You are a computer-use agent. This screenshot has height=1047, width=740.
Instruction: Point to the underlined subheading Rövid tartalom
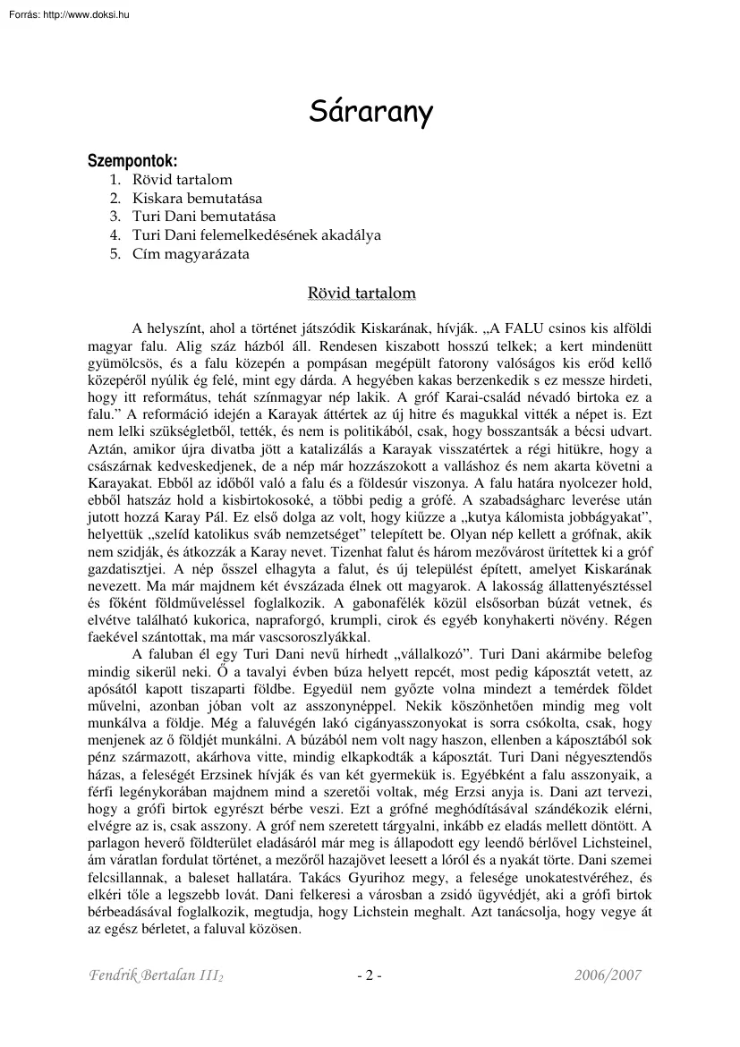click(361, 293)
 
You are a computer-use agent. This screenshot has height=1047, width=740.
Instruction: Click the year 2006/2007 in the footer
click(608, 975)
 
